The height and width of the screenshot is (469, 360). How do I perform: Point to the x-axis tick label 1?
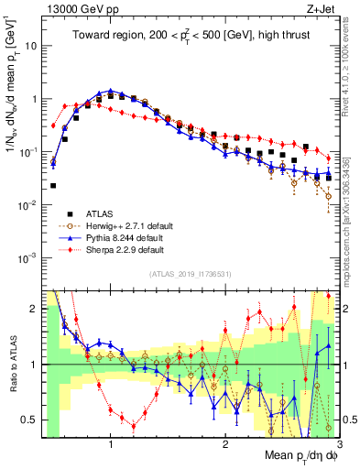111,444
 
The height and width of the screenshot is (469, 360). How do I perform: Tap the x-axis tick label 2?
225,444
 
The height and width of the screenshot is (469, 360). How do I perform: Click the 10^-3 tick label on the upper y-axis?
27,257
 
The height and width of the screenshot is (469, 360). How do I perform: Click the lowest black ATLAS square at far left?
53,185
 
